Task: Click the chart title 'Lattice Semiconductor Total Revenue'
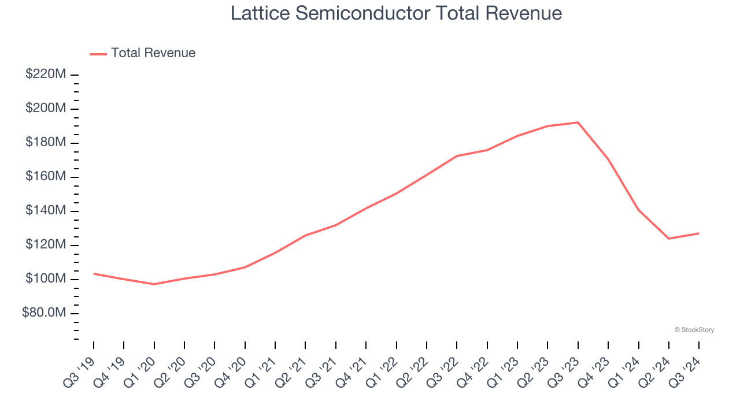[396, 13]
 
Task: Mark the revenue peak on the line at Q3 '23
[578, 122]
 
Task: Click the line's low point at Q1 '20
[154, 284]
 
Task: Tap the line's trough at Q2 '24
[668, 239]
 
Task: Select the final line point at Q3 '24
[698, 233]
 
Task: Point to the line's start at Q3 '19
[94, 273]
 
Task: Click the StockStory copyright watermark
[694, 330]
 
